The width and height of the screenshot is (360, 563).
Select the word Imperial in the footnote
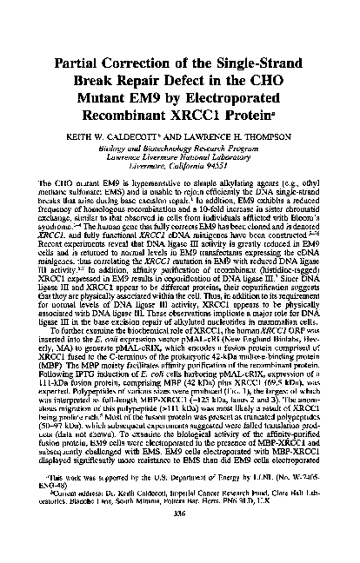point(160,515)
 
